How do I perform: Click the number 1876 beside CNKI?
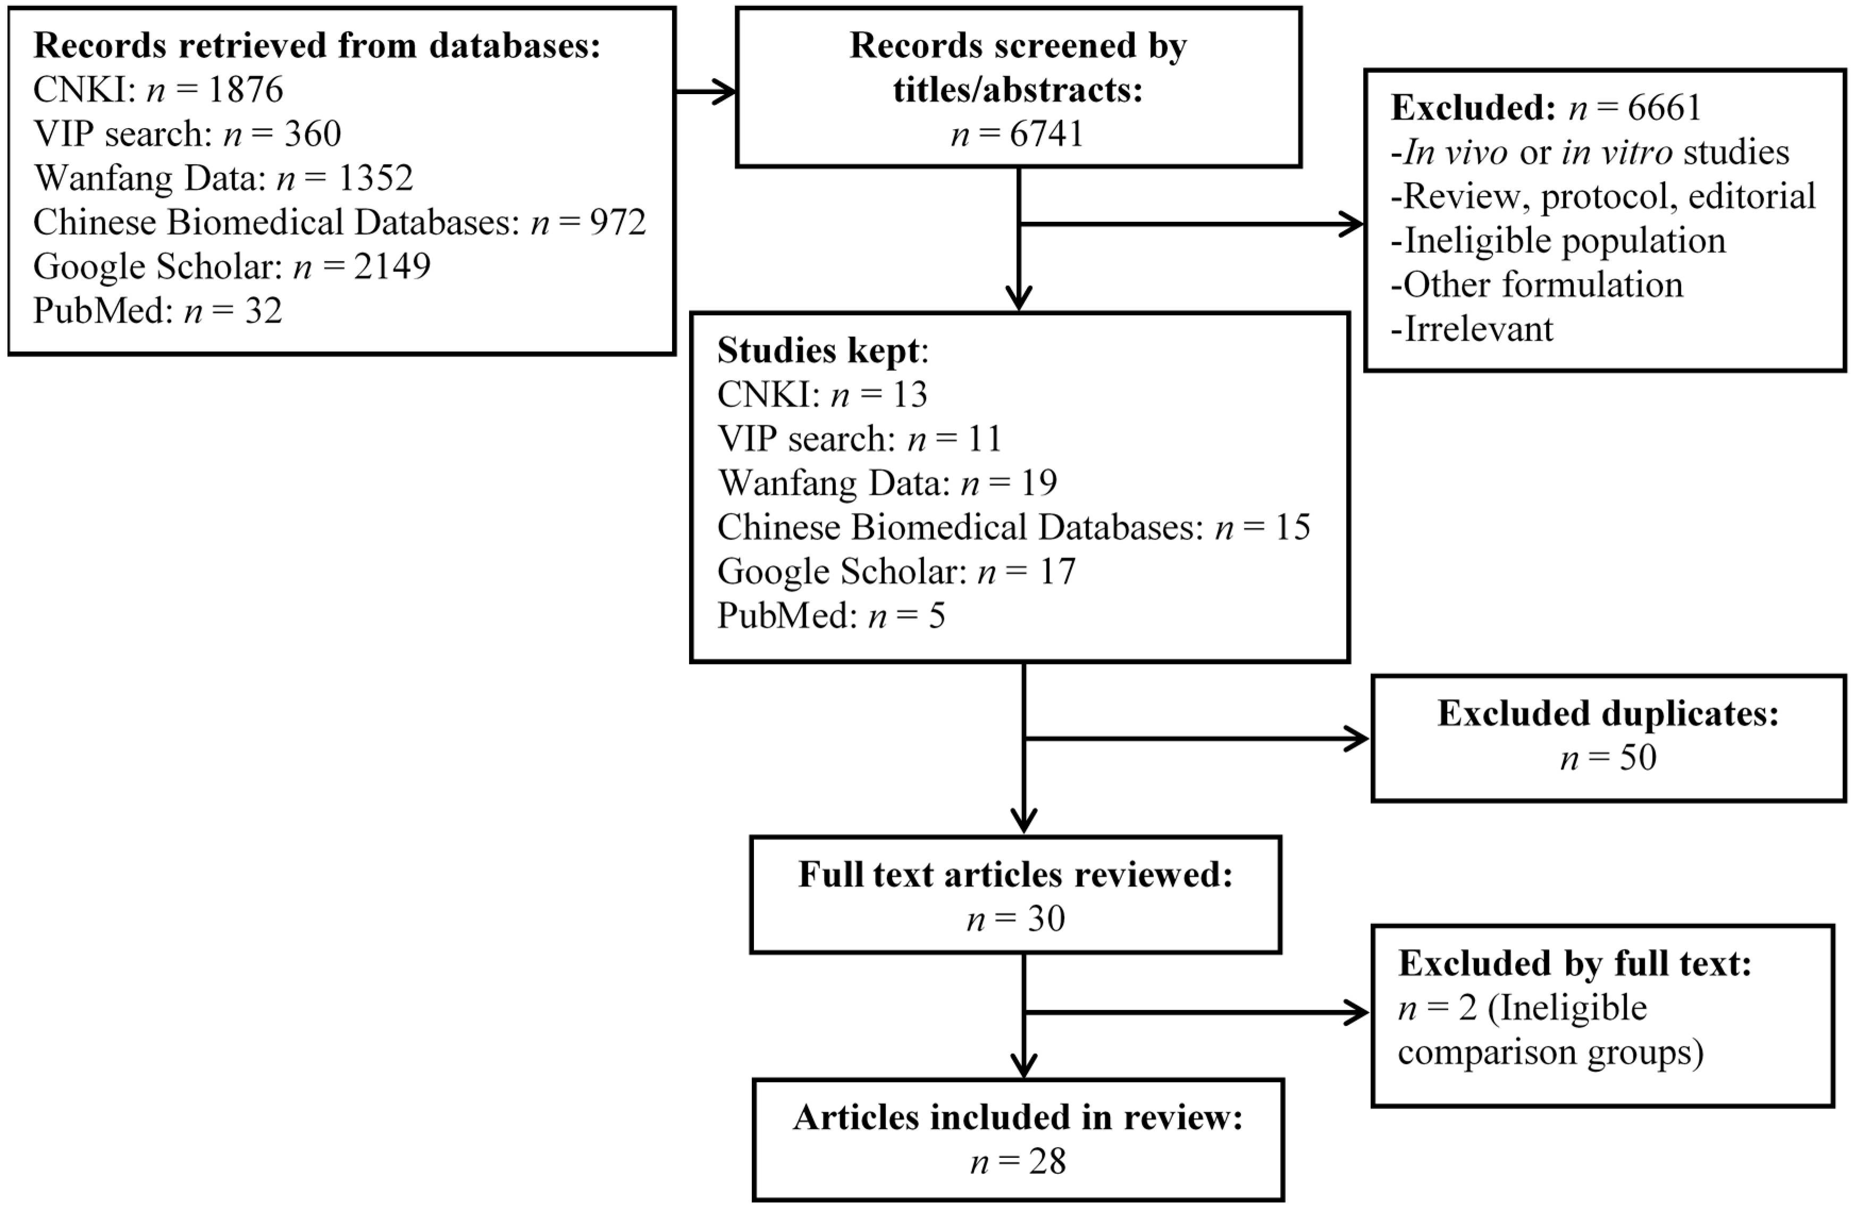pyautogui.click(x=246, y=90)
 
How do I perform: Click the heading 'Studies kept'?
pyautogui.click(x=820, y=350)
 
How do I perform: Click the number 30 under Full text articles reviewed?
pyautogui.click(x=1046, y=919)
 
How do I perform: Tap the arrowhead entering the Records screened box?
pyautogui.click(x=725, y=92)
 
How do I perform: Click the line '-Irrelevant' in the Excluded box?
pyautogui.click(x=1472, y=329)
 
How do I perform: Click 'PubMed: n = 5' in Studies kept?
pyautogui.click(x=830, y=616)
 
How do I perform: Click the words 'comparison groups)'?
pyautogui.click(x=1550, y=1053)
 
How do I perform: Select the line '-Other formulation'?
pyautogui.click(x=1536, y=284)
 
